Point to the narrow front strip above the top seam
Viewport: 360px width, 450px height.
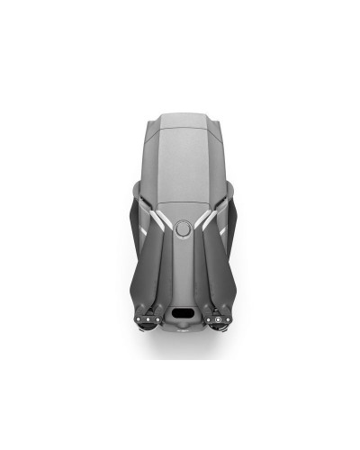[x=180, y=118]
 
